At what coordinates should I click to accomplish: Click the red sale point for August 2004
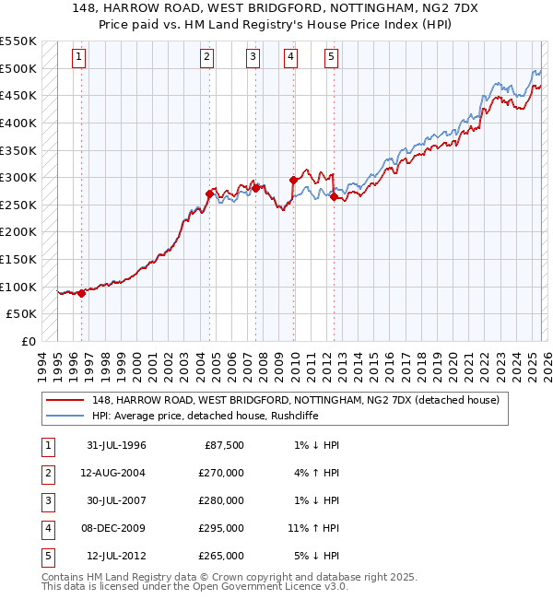tap(210, 194)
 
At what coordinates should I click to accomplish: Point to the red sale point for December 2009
tap(294, 180)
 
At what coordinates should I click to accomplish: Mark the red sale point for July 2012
tap(334, 196)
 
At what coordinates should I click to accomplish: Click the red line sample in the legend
tap(66, 400)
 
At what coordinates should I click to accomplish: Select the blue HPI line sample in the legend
tap(66, 416)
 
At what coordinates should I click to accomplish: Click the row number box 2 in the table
tap(46, 473)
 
